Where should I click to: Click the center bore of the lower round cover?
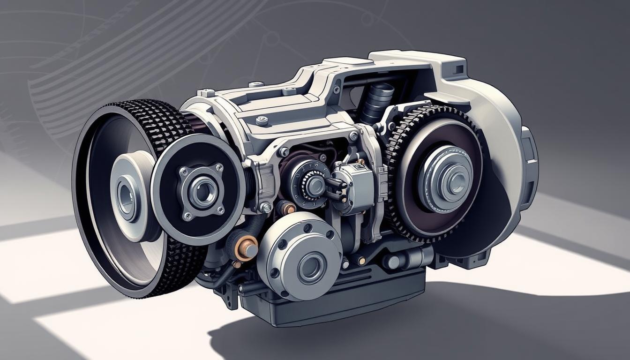[x=310, y=267]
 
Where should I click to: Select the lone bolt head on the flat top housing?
[x=262, y=120]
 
